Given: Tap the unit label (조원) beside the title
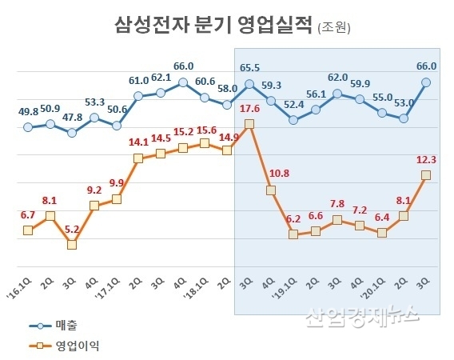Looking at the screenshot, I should pyautogui.click(x=334, y=28).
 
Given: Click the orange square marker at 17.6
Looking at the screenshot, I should pyautogui.click(x=249, y=124).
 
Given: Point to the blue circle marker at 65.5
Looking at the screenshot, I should pyautogui.click(x=249, y=83).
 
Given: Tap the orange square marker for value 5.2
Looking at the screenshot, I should pyautogui.click(x=72, y=244).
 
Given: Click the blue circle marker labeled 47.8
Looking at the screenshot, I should pyautogui.click(x=72, y=132).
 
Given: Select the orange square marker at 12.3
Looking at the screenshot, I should pyautogui.click(x=426, y=175).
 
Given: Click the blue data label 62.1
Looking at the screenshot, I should pyautogui.click(x=161, y=78).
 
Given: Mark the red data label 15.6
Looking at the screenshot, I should pyautogui.click(x=205, y=129).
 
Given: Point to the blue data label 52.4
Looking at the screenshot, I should pyautogui.click(x=293, y=104).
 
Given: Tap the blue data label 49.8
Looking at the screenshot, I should pyautogui.click(x=28, y=110).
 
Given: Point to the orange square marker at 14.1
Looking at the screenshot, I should pyautogui.click(x=138, y=158).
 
